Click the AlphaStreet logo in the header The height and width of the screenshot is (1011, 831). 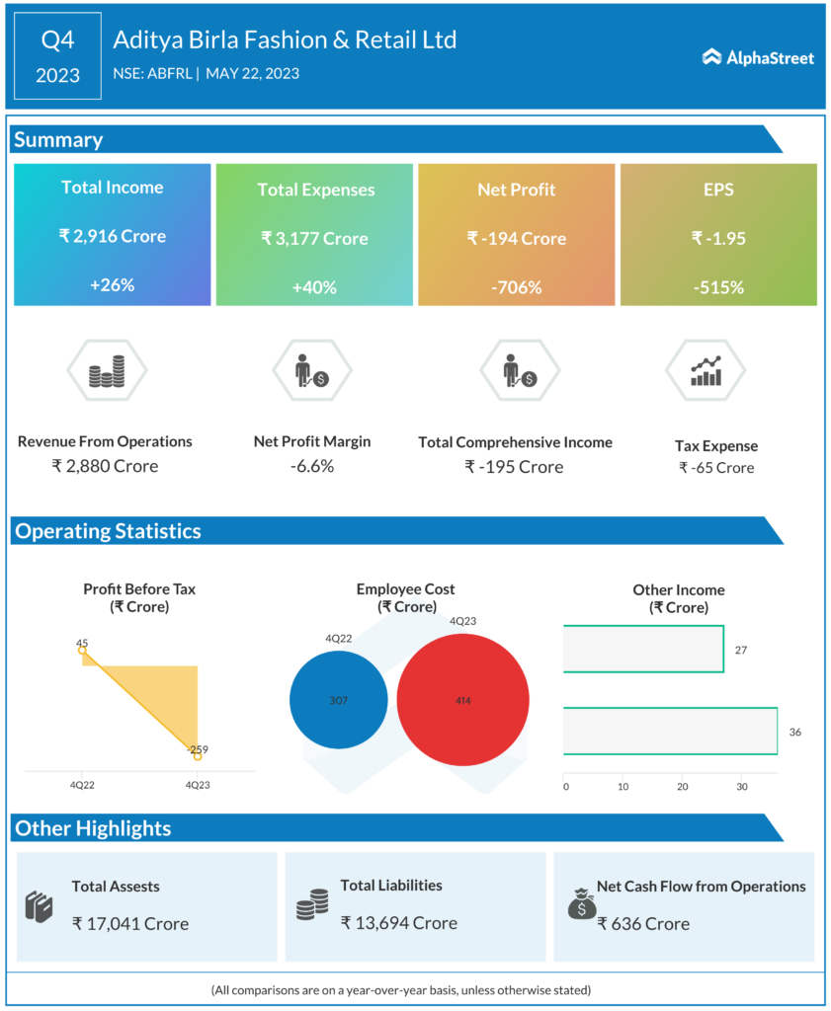pos(758,58)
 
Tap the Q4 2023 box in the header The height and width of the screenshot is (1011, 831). pos(57,56)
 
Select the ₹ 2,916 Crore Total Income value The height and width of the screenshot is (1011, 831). pos(112,236)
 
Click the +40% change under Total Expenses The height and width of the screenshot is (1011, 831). pos(314,287)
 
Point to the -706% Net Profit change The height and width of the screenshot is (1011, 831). pos(517,287)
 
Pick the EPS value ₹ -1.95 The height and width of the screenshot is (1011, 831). pos(718,238)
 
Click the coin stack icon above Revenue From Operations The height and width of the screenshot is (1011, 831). pos(106,371)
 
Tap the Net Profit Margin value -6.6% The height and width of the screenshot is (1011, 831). pos(312,466)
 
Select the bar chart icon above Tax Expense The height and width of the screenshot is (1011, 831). pos(706,371)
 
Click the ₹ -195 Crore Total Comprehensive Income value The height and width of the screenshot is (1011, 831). pos(514,466)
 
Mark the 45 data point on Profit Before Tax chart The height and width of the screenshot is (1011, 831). pos(82,650)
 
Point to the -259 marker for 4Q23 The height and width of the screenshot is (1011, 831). pos(198,756)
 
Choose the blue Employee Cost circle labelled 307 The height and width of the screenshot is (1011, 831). pos(339,699)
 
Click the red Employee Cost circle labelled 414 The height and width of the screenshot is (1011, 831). pos(462,700)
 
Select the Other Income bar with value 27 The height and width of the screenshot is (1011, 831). pos(643,650)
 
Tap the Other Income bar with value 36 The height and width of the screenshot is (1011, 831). pos(670,732)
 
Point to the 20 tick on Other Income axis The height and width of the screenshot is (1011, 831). pos(682,787)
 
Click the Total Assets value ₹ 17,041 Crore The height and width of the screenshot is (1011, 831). pos(130,923)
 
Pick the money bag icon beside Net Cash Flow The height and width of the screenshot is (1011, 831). pos(581,901)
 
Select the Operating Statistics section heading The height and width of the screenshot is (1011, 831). pos(108,531)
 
